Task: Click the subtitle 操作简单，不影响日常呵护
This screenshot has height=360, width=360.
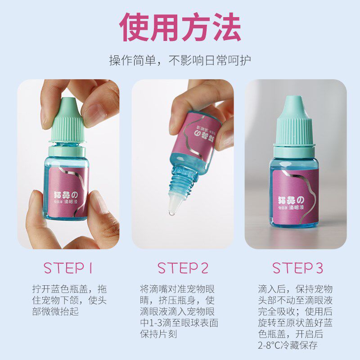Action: coord(180,60)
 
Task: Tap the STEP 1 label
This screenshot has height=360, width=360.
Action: coord(68,268)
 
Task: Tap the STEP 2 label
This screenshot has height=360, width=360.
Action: coord(183,268)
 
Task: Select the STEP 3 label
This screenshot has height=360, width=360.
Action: coord(297,268)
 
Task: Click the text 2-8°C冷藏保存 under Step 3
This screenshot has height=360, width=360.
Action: coord(288,346)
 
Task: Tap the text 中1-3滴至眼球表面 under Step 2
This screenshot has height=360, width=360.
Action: coord(179,323)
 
